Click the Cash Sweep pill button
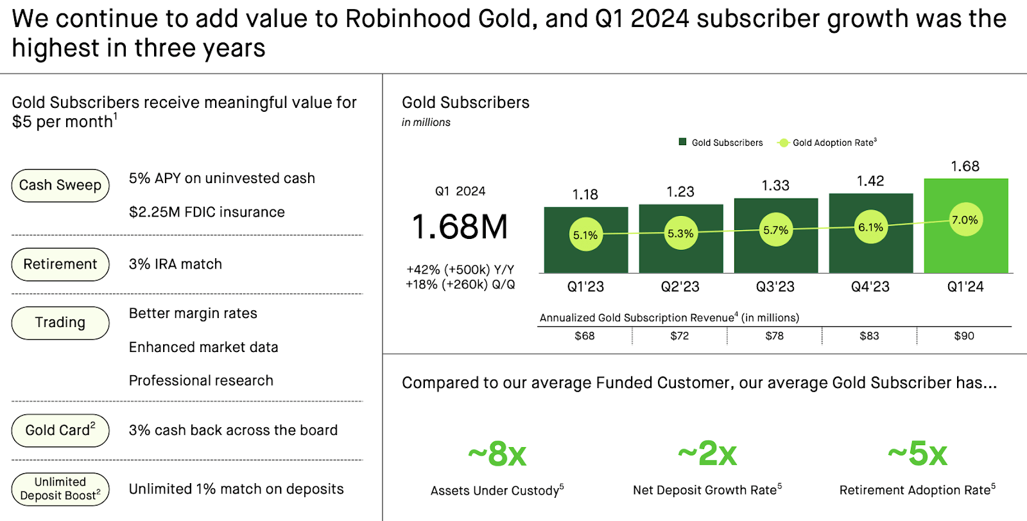tap(60, 185)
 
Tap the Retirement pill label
tap(60, 264)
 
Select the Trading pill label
tap(60, 322)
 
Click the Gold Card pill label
tap(60, 430)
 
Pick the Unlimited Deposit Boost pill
tap(60, 489)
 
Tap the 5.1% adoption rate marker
tap(585, 234)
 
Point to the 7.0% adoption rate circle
tap(965, 220)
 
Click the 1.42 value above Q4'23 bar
tap(870, 181)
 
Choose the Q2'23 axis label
tap(680, 287)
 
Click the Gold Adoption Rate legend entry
tap(827, 143)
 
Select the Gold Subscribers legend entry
tap(721, 143)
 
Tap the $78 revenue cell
tap(775, 335)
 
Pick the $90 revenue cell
tap(964, 335)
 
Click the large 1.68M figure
tap(460, 227)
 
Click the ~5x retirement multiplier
tap(917, 454)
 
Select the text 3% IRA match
tap(175, 264)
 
